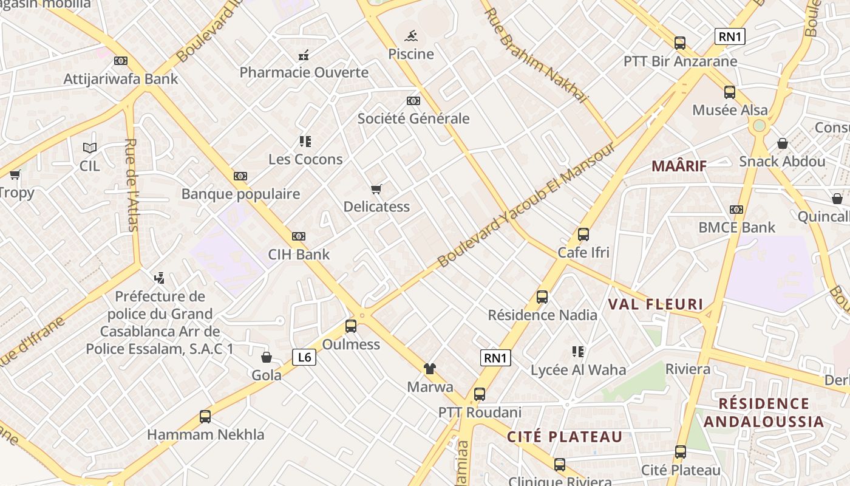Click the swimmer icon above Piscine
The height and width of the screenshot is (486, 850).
pos(411,35)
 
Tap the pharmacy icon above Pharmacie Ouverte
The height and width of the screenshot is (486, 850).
pos(304,55)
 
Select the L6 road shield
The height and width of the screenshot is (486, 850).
pos(304,357)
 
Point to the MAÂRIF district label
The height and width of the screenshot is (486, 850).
pos(679,165)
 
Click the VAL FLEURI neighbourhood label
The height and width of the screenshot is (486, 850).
pos(655,304)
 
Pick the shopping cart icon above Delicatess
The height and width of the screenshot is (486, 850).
pos(376,189)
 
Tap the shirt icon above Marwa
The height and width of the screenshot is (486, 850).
pos(430,368)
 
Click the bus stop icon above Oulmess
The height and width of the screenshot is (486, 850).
pos(351,326)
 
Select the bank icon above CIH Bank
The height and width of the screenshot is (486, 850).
pos(299,236)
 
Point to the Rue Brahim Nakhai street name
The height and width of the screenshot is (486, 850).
pos(535,55)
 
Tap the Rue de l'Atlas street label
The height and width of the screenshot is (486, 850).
pos(132,185)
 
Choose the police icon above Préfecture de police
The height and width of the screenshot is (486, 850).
pos(160,278)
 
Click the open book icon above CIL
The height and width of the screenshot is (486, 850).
pos(90,147)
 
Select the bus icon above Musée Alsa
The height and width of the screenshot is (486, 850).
pos(730,92)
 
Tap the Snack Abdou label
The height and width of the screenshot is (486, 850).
pos(782,162)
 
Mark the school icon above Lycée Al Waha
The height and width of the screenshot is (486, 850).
pos(577,351)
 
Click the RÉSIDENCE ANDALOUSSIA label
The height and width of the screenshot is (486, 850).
pos(763,412)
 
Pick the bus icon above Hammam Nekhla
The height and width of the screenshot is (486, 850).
pos(205,417)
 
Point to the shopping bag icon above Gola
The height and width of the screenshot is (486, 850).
pos(266,357)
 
